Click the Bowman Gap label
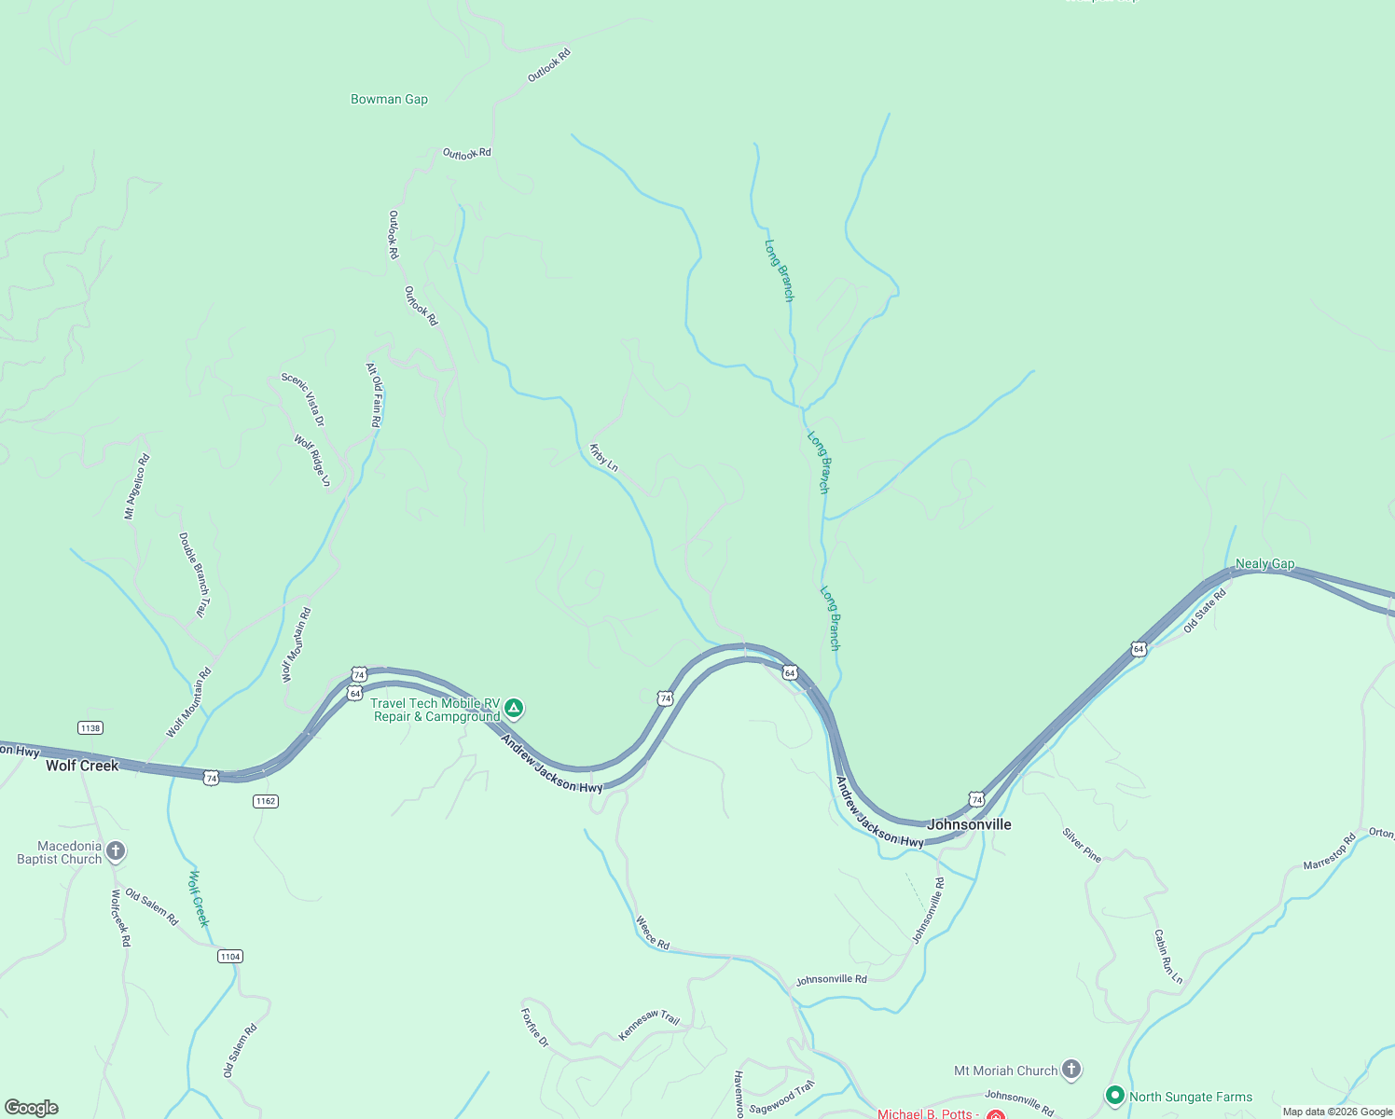[x=389, y=99]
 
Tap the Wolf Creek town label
[x=82, y=766]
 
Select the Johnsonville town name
[x=969, y=824]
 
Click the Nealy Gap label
[x=1264, y=563]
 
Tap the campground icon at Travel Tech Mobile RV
[x=514, y=709]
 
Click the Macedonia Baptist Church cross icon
[x=116, y=850]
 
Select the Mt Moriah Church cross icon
[x=1071, y=1070]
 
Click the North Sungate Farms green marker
[x=1114, y=1096]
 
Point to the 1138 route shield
[x=90, y=728]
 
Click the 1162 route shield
[x=266, y=801]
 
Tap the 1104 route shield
[x=230, y=956]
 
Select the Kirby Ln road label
[x=603, y=457]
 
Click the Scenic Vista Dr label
[x=303, y=399]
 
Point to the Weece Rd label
[x=653, y=932]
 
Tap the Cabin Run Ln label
[x=1167, y=956]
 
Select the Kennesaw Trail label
[x=649, y=1024]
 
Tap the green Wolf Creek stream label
[x=199, y=898]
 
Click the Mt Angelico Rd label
[x=137, y=486]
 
